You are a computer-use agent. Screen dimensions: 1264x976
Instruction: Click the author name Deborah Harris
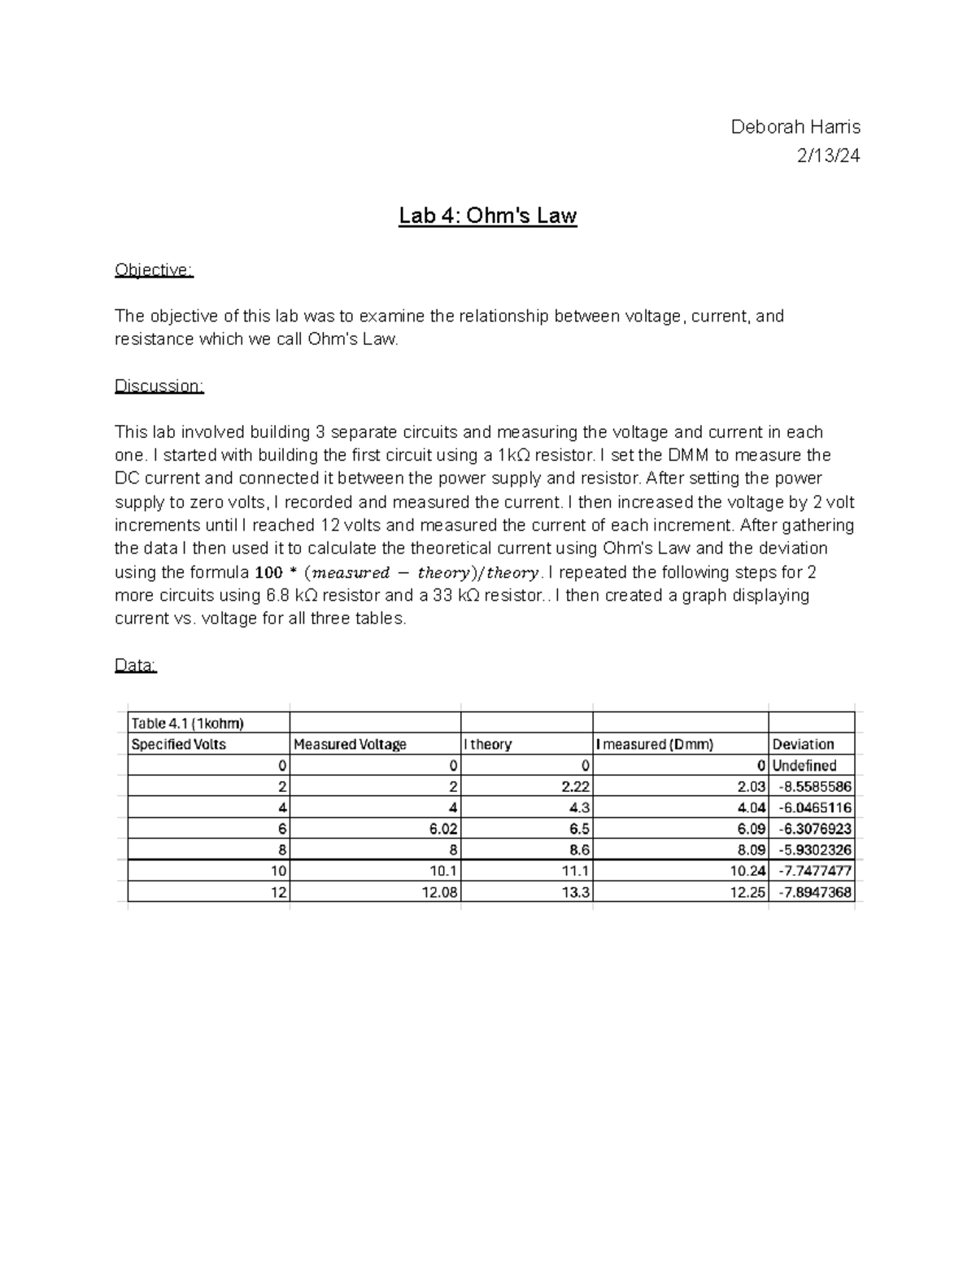coord(795,127)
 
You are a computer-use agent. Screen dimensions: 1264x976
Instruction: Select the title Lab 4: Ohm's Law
coord(487,216)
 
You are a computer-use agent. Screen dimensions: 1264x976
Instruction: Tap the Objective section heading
coord(154,270)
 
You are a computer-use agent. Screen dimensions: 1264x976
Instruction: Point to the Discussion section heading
coord(159,386)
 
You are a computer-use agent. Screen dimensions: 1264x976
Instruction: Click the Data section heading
coord(135,666)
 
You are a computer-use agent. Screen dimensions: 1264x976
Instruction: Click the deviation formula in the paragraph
coord(397,573)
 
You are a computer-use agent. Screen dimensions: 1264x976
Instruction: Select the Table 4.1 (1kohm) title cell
coord(188,723)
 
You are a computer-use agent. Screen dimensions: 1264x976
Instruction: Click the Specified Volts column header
coord(179,744)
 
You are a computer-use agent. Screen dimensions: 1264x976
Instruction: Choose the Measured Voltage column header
coord(350,744)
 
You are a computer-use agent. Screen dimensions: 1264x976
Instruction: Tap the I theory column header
coord(488,744)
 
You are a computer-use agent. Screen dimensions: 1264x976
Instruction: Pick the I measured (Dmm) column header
coord(655,744)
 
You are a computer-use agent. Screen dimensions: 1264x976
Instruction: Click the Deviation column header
coord(803,744)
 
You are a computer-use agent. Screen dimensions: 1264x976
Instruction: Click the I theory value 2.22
coord(575,787)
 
